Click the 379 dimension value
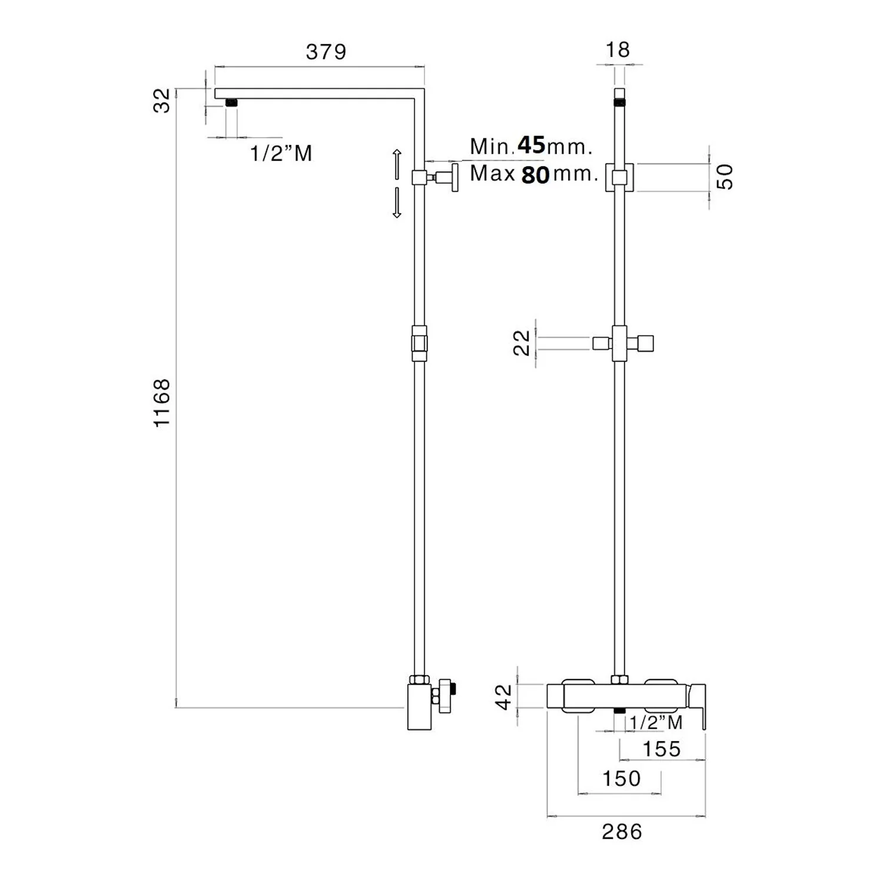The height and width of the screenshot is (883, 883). [326, 52]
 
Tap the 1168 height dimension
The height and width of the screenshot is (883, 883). [161, 403]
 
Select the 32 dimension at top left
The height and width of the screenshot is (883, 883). [161, 99]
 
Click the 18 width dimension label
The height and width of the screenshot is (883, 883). [618, 49]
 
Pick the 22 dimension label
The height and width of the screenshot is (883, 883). [522, 343]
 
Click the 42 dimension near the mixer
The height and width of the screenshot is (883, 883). [505, 697]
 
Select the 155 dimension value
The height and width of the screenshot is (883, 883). [662, 749]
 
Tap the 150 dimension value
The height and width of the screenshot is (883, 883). [621, 778]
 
